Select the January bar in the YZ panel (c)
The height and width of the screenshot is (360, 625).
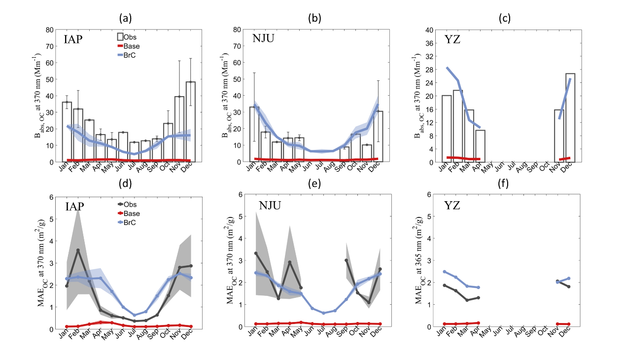point(447,129)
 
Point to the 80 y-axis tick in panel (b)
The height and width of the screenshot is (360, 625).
point(237,30)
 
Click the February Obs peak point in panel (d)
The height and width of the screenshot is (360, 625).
point(78,251)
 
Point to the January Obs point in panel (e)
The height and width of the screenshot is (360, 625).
point(256,253)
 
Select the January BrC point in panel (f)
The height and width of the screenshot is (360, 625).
point(445,272)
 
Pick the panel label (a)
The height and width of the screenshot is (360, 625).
point(126,18)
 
